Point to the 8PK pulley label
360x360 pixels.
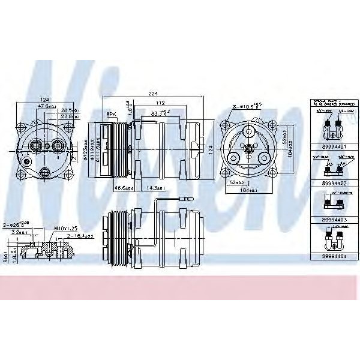(x=110, y=114)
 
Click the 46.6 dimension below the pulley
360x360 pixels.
(x=124, y=188)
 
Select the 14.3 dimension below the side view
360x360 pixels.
(x=157, y=188)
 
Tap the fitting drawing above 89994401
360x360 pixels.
(x=331, y=126)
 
